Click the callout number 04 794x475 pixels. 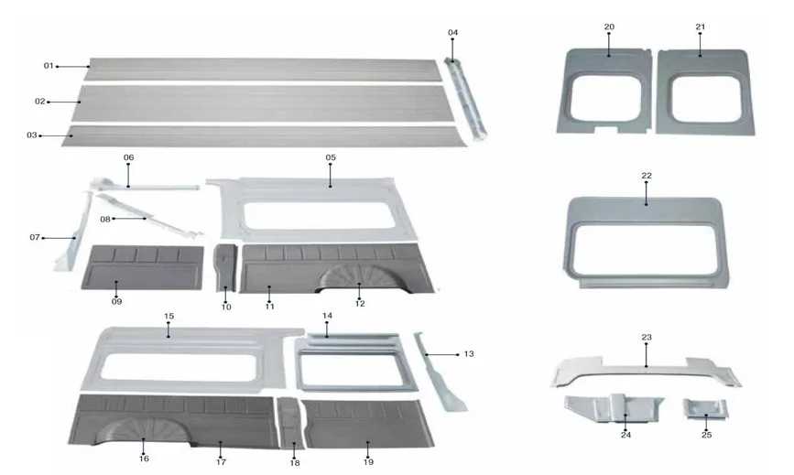452,33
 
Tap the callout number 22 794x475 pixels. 647,175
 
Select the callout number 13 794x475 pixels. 470,353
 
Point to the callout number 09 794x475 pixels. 116,301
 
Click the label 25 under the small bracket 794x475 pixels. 706,435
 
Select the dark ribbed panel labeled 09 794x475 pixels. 142,267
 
